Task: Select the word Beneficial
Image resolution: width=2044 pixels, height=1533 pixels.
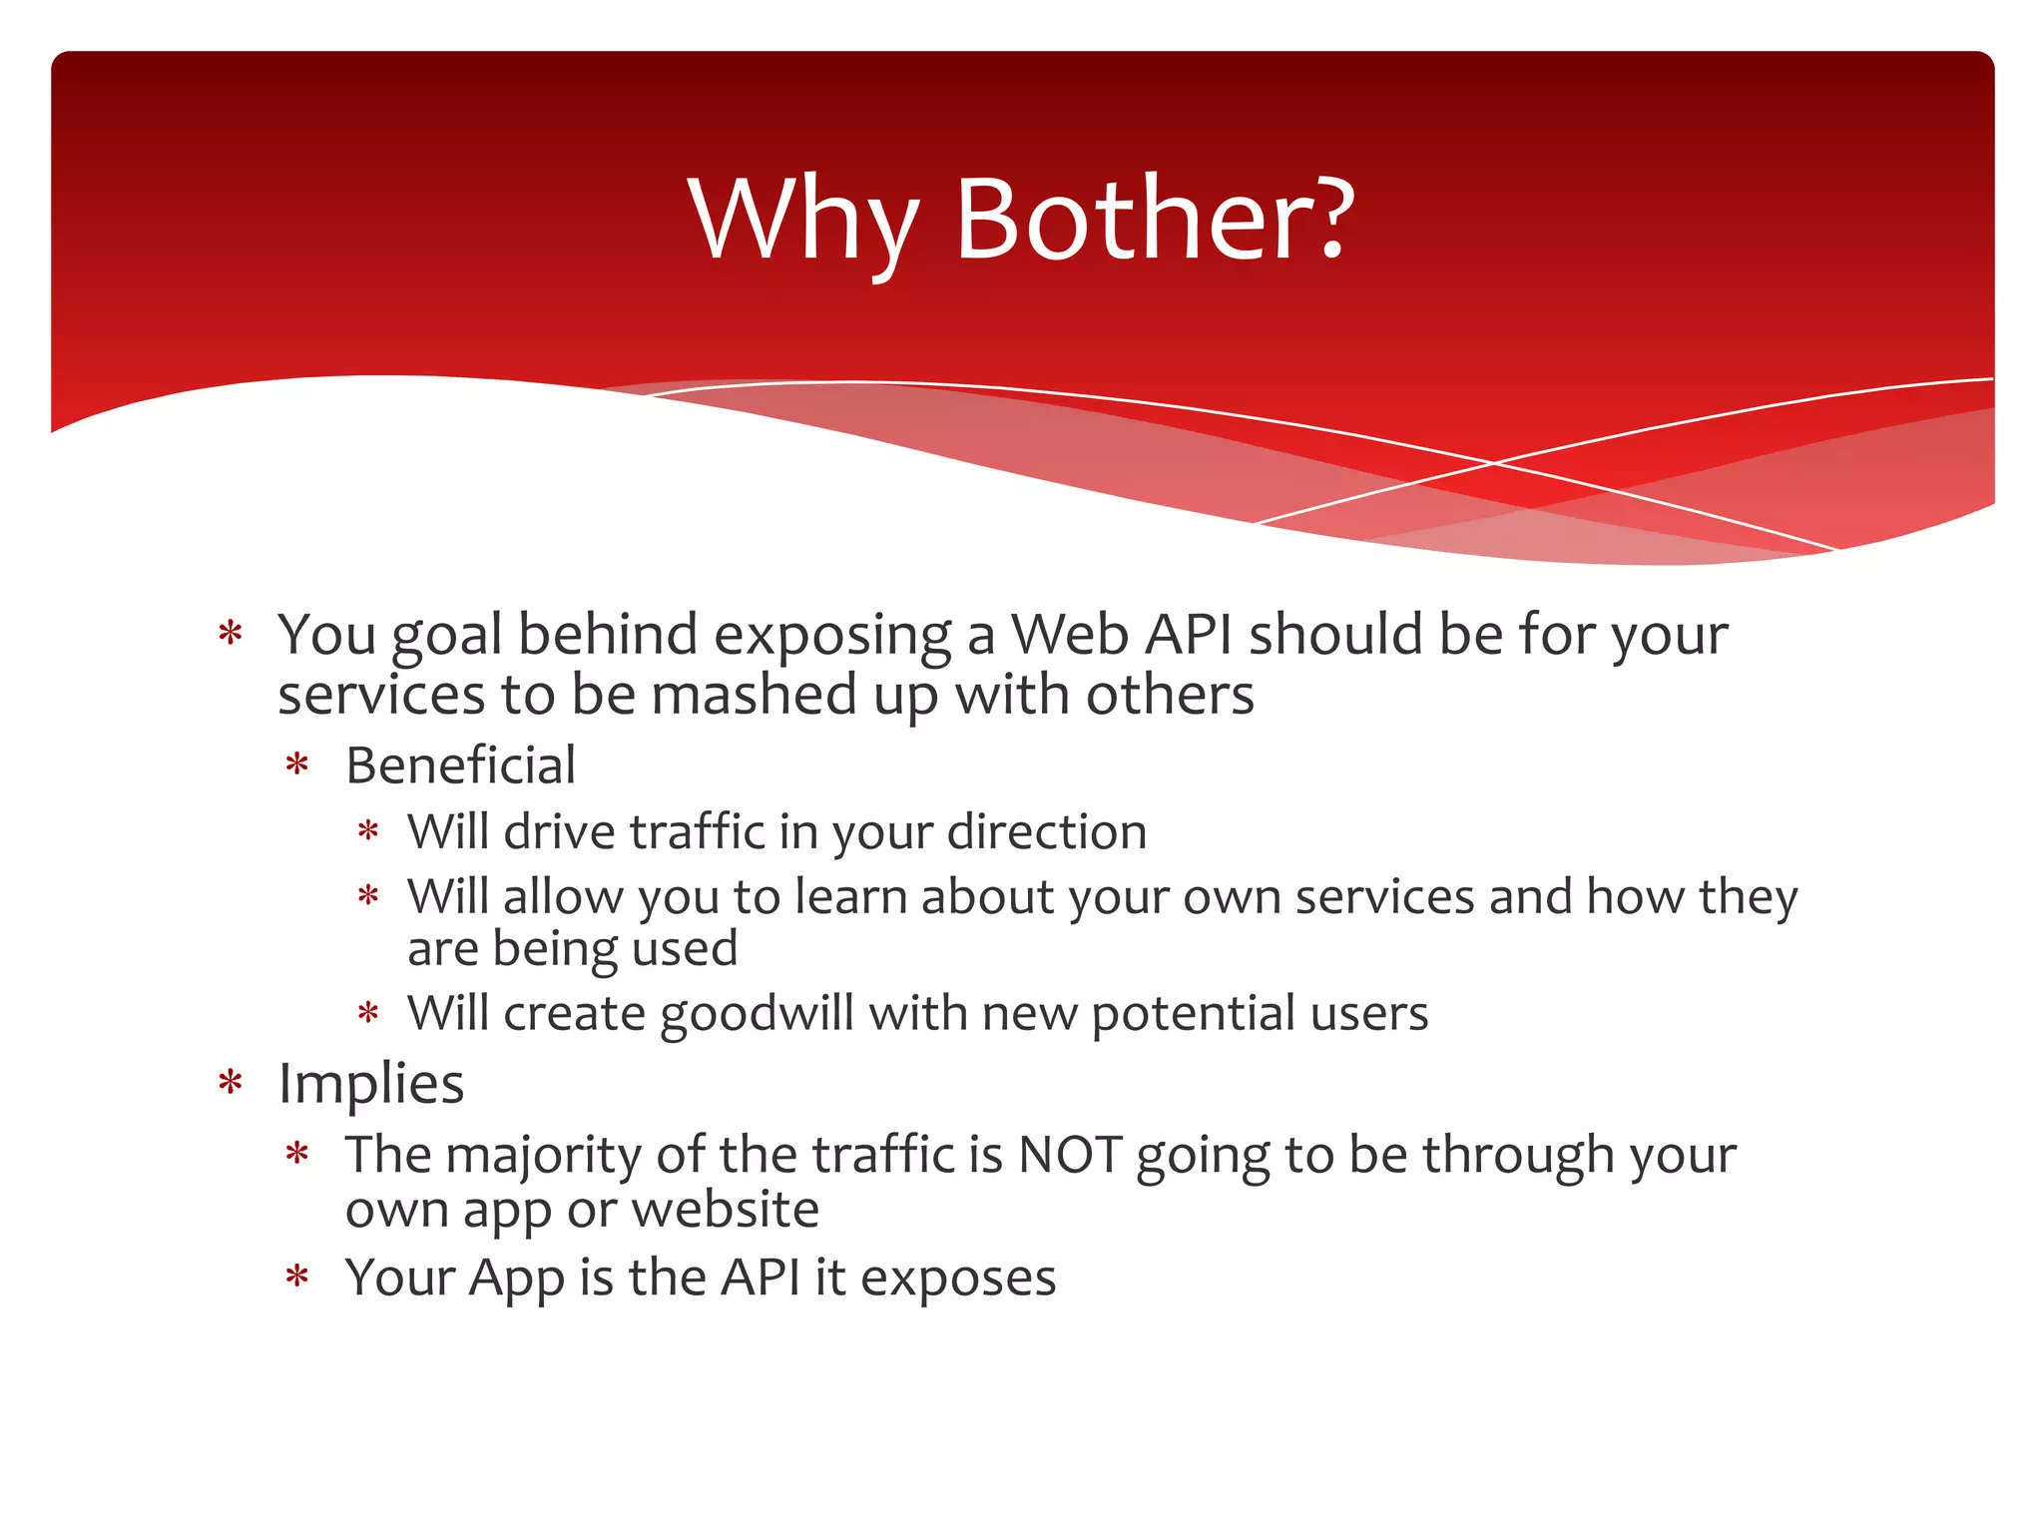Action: (x=460, y=766)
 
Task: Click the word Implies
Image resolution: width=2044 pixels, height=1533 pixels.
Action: (x=371, y=1083)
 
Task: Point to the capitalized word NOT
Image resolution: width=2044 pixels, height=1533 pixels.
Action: (x=1070, y=1155)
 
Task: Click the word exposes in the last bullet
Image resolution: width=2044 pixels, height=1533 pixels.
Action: (x=957, y=1277)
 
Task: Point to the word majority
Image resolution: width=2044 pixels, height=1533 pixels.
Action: (x=543, y=1157)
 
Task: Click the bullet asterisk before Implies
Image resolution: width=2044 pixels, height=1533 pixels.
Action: (x=231, y=1083)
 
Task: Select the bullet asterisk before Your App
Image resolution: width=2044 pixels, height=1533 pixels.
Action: (x=296, y=1277)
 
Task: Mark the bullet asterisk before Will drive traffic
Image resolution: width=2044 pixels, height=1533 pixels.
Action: (x=368, y=831)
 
